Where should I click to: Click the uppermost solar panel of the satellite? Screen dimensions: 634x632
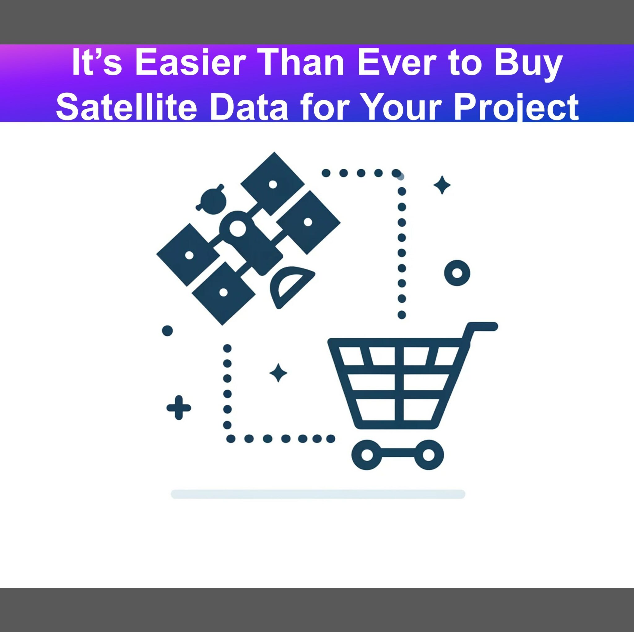pyautogui.click(x=272, y=184)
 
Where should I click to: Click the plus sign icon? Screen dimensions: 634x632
pyautogui.click(x=179, y=408)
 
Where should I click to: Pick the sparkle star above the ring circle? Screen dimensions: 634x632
pyautogui.click(x=442, y=185)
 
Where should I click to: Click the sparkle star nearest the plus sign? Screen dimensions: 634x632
pyautogui.click(x=278, y=373)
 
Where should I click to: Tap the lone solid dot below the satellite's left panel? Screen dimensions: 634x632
pyautogui.click(x=167, y=331)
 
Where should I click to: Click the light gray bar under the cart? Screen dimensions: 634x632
pyautogui.click(x=318, y=494)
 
